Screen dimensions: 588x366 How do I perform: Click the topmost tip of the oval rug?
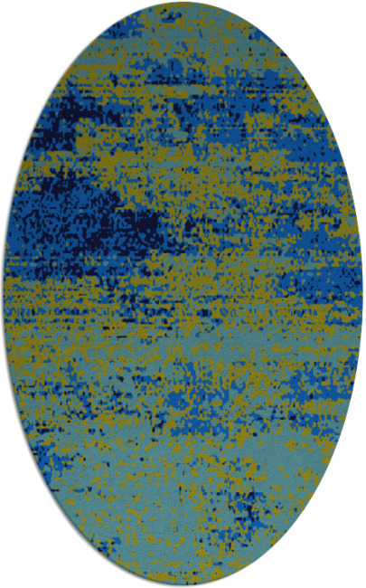click(x=183, y=3)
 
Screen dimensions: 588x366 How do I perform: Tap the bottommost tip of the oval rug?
click(x=183, y=585)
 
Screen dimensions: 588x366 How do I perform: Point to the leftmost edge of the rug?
click(x=4, y=294)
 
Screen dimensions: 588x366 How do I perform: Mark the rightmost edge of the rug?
click(x=362, y=294)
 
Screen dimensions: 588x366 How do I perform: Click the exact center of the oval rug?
click(x=183, y=294)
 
